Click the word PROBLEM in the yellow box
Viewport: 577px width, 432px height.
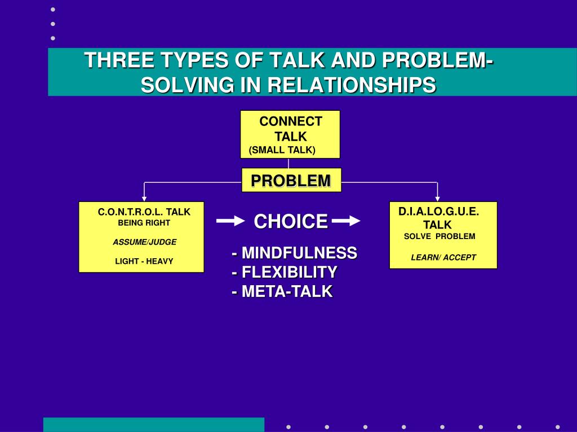point(291,181)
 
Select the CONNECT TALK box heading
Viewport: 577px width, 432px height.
point(290,129)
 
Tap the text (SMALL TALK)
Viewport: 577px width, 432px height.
point(282,150)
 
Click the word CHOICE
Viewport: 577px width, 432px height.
point(290,222)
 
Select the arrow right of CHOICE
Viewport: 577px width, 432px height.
point(345,222)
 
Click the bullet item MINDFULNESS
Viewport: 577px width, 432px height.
point(294,253)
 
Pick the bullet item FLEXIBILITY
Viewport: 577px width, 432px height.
point(285,272)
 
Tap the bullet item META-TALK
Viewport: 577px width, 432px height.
point(282,291)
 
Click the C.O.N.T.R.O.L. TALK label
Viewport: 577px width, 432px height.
point(144,212)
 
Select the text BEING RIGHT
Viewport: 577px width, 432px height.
point(144,223)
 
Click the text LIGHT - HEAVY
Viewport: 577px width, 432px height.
point(144,261)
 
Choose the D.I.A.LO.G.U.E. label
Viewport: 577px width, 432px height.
point(439,211)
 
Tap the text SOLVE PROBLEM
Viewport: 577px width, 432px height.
point(440,236)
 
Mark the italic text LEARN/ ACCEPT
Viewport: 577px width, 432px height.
point(443,258)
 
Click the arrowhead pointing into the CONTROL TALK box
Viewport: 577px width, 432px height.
point(144,199)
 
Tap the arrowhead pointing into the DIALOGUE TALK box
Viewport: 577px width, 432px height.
point(437,199)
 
